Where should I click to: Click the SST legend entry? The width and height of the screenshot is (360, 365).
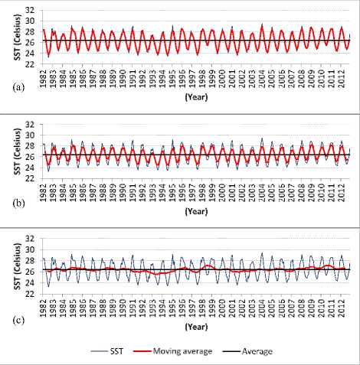pyautogui.click(x=107, y=351)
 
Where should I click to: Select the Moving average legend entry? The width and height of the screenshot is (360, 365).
pyautogui.click(x=172, y=351)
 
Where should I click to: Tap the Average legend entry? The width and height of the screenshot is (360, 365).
pyautogui.click(x=247, y=351)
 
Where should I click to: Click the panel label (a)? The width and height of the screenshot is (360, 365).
pyautogui.click(x=18, y=87)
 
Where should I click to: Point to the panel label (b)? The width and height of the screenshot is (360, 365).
pyautogui.click(x=18, y=204)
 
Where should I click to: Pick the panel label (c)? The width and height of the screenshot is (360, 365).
pyautogui.click(x=18, y=320)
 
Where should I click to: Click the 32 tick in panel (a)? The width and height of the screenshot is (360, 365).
pyautogui.click(x=30, y=10)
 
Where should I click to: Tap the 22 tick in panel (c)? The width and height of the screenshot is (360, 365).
pyautogui.click(x=30, y=294)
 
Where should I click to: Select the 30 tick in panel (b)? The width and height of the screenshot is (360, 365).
pyautogui.click(x=30, y=135)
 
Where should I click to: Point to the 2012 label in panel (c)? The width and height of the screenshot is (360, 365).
pyautogui.click(x=341, y=307)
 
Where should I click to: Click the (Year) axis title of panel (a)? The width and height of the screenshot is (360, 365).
pyautogui.click(x=196, y=97)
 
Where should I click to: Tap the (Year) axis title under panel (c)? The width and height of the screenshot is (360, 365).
pyautogui.click(x=196, y=327)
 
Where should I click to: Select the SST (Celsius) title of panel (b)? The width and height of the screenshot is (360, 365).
pyautogui.click(x=18, y=152)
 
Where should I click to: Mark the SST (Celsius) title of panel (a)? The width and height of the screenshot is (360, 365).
pyautogui.click(x=18, y=37)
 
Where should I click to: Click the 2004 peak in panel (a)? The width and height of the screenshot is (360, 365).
pyautogui.click(x=262, y=24)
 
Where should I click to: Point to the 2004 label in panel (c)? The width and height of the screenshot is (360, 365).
pyautogui.click(x=261, y=307)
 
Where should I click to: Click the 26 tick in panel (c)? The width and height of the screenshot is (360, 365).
pyautogui.click(x=30, y=272)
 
